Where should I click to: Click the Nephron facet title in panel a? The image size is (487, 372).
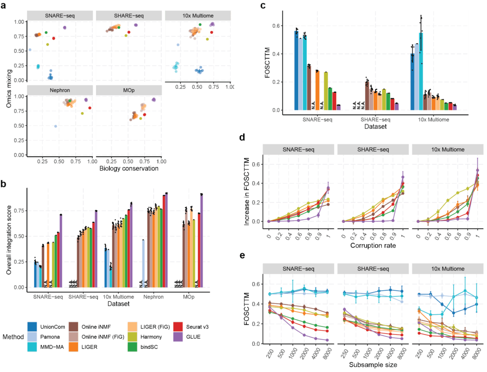coord(60,89)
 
